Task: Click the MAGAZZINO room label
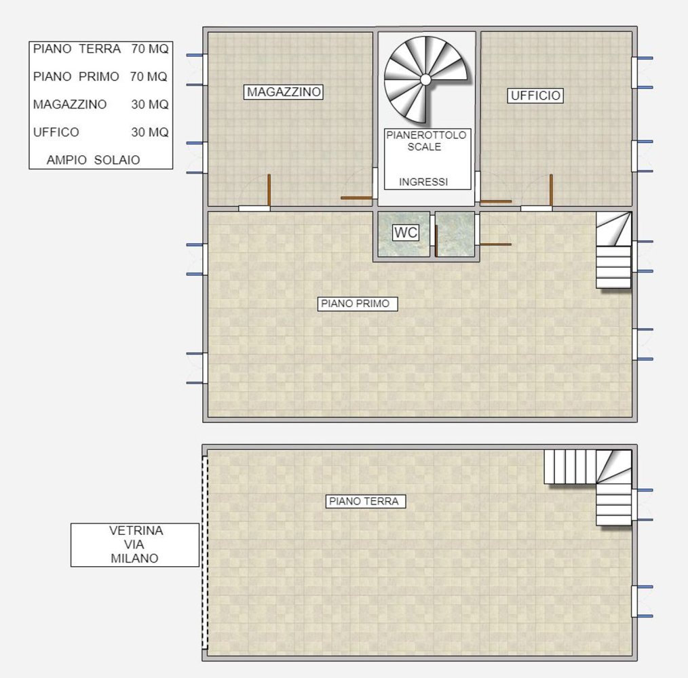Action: (284, 92)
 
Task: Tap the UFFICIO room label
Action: (535, 96)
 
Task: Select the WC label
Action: (406, 233)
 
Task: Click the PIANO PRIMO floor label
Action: (358, 304)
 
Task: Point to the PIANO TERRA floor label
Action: (366, 502)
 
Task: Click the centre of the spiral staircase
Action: (425, 79)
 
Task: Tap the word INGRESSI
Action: (423, 182)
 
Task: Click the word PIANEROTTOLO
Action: (426, 136)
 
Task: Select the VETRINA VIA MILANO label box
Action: (135, 544)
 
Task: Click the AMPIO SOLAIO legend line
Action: (94, 161)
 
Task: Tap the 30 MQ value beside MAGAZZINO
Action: (150, 104)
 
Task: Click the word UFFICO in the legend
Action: (56, 132)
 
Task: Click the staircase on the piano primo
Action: (614, 251)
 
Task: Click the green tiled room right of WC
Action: (455, 235)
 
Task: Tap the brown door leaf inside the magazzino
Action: (269, 190)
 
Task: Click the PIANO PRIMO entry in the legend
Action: (76, 77)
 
